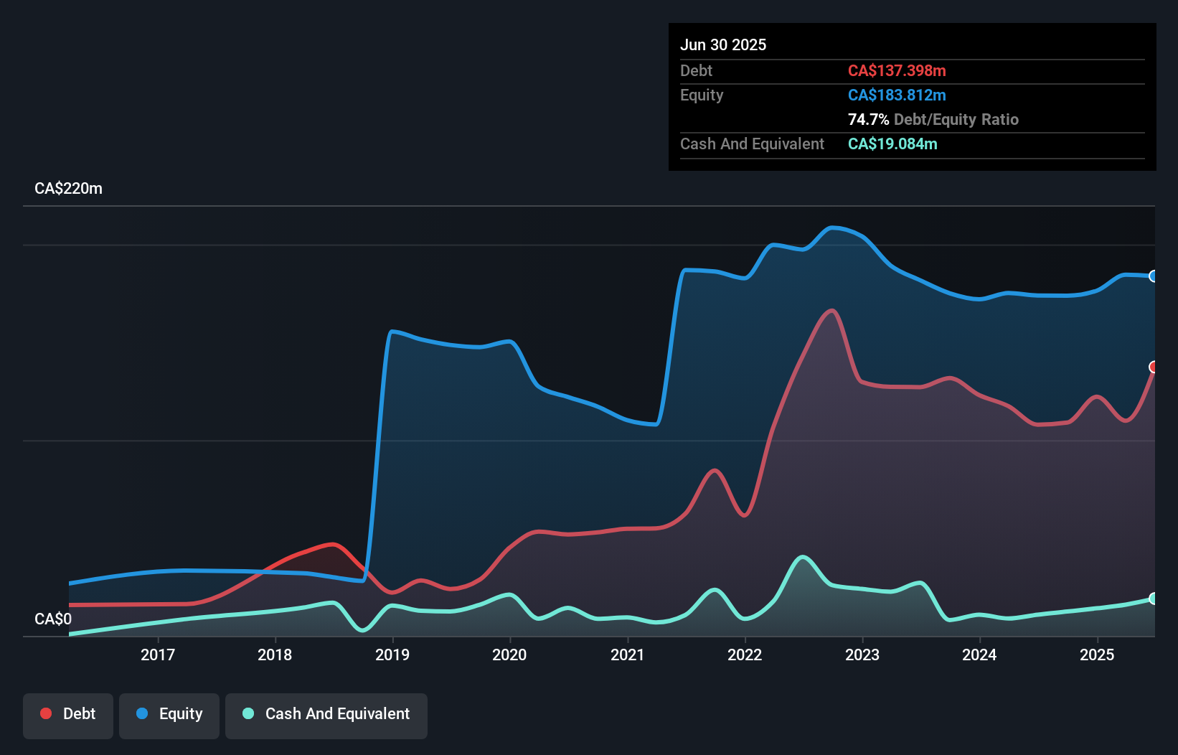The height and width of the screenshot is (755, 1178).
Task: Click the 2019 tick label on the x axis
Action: click(392, 655)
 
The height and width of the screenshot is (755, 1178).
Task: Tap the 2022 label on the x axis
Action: click(745, 655)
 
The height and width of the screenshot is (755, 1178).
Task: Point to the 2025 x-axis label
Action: click(1097, 655)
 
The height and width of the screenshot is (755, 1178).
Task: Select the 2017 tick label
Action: click(157, 655)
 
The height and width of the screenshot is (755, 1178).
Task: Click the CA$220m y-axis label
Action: click(68, 189)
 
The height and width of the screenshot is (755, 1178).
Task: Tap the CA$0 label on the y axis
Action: click(53, 619)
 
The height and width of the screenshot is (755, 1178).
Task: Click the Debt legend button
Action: click(68, 714)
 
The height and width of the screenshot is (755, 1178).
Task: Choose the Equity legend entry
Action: click(169, 714)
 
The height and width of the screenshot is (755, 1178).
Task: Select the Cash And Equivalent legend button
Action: click(326, 714)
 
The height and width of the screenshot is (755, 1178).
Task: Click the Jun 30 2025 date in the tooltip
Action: click(723, 45)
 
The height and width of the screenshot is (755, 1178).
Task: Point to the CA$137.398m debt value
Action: click(897, 71)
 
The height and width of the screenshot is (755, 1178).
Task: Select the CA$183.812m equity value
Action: click(897, 95)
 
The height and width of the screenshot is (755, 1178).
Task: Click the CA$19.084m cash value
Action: click(892, 144)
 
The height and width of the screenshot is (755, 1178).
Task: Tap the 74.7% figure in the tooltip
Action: click(868, 120)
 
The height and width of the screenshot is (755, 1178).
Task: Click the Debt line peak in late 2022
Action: click(831, 311)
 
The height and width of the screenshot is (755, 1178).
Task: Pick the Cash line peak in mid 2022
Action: click(803, 556)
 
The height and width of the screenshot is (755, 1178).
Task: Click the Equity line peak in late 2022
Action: click(833, 228)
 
